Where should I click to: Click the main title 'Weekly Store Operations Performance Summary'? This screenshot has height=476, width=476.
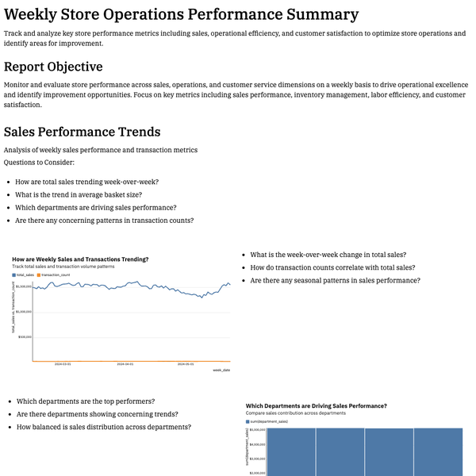tap(181, 14)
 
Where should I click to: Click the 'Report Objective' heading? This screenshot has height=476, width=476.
tap(53, 67)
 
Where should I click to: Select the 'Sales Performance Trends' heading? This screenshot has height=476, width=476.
tap(82, 132)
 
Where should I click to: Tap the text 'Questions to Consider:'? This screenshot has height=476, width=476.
tap(39, 162)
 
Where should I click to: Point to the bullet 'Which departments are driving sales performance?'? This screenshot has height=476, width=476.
tap(96, 207)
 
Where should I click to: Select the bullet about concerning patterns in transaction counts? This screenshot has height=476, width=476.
tap(105, 221)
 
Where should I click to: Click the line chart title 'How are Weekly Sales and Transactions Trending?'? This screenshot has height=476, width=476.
tap(80, 259)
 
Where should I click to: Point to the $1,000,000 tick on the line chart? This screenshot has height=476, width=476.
tap(22, 312)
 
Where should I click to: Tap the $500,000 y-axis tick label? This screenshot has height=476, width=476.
tap(24, 336)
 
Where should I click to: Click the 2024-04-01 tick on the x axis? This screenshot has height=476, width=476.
tap(124, 365)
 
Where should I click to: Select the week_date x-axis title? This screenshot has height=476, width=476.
tap(221, 370)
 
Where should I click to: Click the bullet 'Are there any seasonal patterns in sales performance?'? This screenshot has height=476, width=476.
tap(335, 281)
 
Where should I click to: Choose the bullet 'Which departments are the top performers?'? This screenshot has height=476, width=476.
tap(86, 401)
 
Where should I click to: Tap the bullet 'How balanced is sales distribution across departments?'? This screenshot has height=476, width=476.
tap(104, 427)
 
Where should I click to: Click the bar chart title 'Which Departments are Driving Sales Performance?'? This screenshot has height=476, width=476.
tap(316, 405)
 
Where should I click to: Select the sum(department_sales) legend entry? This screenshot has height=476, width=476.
tap(267, 422)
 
